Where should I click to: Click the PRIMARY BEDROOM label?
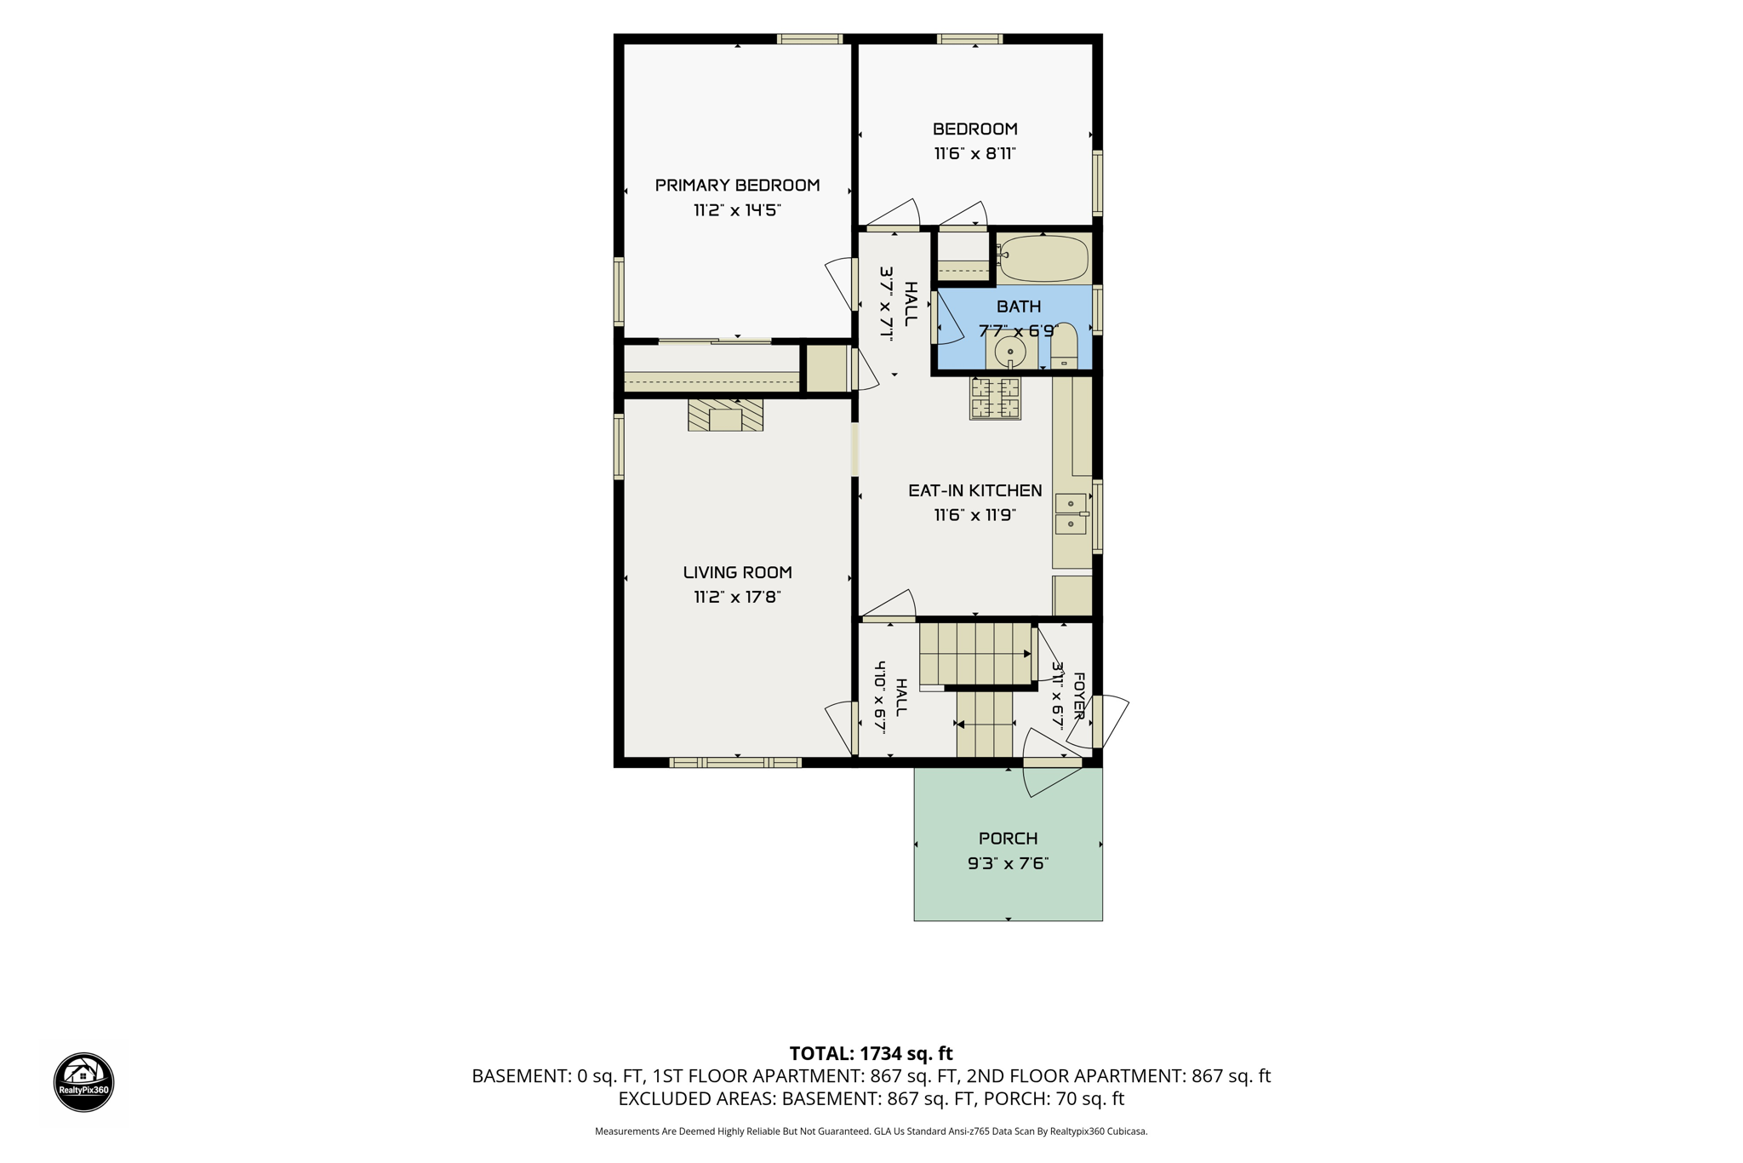(737, 185)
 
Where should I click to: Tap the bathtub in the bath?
(1043, 257)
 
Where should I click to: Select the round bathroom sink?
(1010, 351)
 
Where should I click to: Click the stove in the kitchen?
(995, 398)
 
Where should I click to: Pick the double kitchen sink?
(1072, 513)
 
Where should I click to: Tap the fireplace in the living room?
(725, 415)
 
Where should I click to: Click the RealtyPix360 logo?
(83, 1081)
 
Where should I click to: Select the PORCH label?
(1008, 839)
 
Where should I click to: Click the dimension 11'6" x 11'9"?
(974, 515)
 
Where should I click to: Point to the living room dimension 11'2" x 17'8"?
(737, 597)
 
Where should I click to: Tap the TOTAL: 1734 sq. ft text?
(871, 1053)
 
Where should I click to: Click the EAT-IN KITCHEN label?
(974, 490)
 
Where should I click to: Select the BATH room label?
(1019, 307)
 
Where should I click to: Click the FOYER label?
(1078, 696)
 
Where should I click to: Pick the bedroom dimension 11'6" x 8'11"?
(974, 153)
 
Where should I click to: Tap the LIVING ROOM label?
(737, 572)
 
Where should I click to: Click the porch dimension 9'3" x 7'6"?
(1008, 863)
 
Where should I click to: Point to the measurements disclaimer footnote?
(871, 1131)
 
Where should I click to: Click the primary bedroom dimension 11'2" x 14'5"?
(737, 209)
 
